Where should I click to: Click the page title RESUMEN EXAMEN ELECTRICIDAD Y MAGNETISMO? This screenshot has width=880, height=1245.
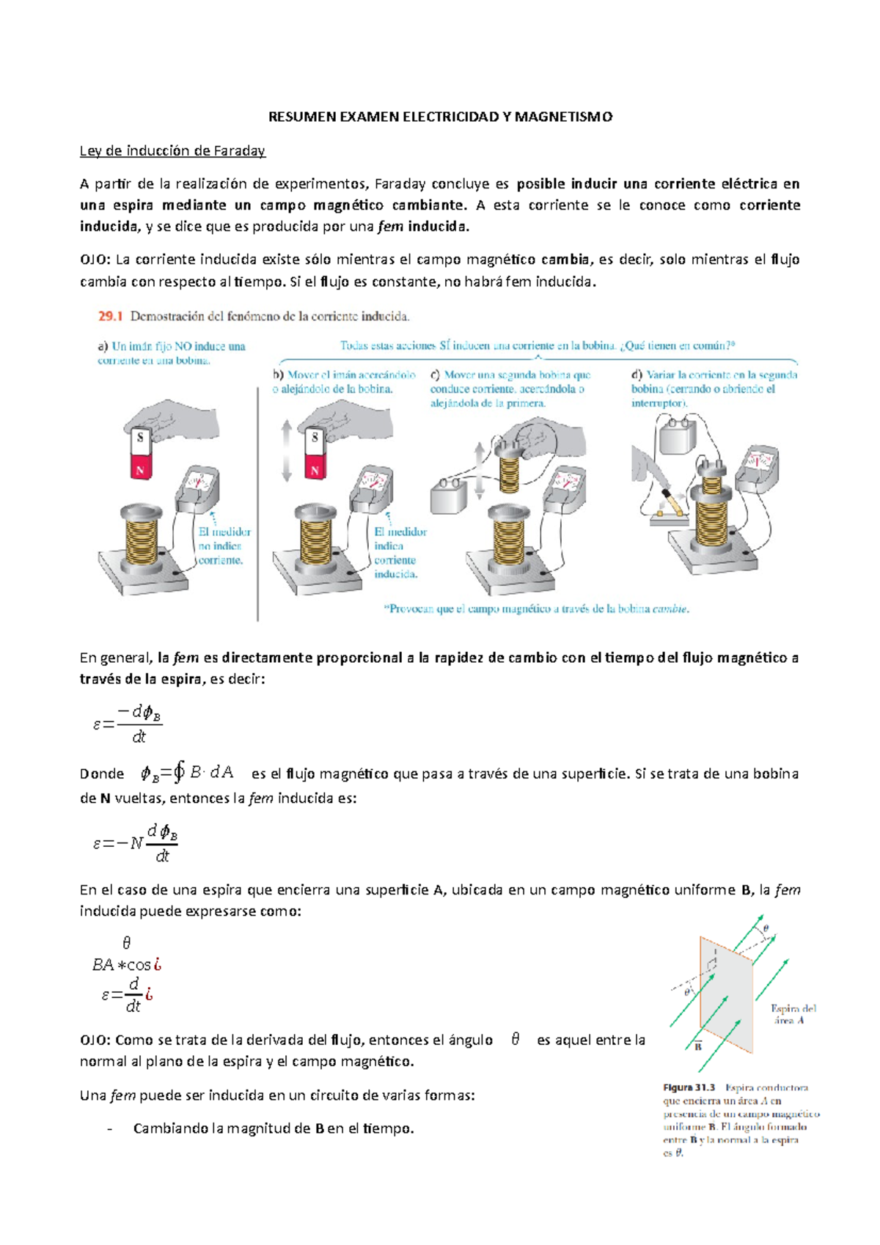pyautogui.click(x=440, y=117)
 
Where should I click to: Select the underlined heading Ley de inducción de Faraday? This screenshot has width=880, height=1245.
pyautogui.click(x=172, y=151)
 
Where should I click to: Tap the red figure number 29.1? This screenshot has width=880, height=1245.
pyautogui.click(x=110, y=317)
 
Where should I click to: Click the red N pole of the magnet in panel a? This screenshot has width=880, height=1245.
pyautogui.click(x=140, y=467)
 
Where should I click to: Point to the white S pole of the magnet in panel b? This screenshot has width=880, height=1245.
pyautogui.click(x=315, y=437)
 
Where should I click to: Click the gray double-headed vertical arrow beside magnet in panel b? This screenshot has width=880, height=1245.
pyautogui.click(x=287, y=450)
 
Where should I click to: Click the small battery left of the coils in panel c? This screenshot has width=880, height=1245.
pyautogui.click(x=448, y=496)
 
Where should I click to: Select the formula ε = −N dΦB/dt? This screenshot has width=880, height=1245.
pyautogui.click(x=136, y=843)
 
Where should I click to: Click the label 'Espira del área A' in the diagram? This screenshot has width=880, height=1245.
pyautogui.click(x=793, y=1014)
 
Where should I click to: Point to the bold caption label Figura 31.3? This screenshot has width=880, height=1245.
pyautogui.click(x=689, y=1087)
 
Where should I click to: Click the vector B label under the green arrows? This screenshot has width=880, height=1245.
pyautogui.click(x=698, y=1046)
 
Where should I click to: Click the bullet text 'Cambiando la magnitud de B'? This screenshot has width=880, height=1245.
pyautogui.click(x=273, y=1128)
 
